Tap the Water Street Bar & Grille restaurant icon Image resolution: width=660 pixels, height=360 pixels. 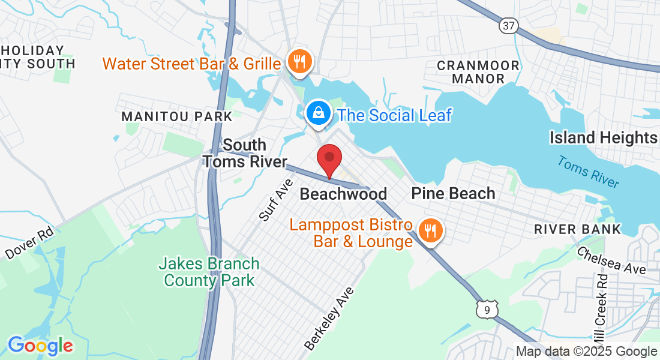pyautogui.click(x=298, y=62)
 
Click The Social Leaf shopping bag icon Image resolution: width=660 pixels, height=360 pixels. pyautogui.click(x=317, y=113)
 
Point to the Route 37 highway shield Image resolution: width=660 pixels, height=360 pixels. pyautogui.click(x=508, y=26)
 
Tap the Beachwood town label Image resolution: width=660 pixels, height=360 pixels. pyautogui.click(x=343, y=194)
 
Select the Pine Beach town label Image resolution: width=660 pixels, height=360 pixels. pyautogui.click(x=453, y=193)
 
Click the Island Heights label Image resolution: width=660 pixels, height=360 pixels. pyautogui.click(x=604, y=138)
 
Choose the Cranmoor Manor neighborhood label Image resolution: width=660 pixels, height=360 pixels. pyautogui.click(x=470, y=71)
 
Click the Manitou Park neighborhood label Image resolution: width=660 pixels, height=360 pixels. pyautogui.click(x=176, y=116)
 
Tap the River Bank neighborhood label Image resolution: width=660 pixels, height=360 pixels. pyautogui.click(x=577, y=229)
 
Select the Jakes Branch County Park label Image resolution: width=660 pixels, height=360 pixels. pyautogui.click(x=209, y=272)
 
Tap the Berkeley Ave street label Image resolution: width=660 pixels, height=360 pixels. pyautogui.click(x=329, y=319)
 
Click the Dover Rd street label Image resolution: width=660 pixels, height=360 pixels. pyautogui.click(x=29, y=242)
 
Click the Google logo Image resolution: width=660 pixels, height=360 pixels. pyautogui.click(x=40, y=346)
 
